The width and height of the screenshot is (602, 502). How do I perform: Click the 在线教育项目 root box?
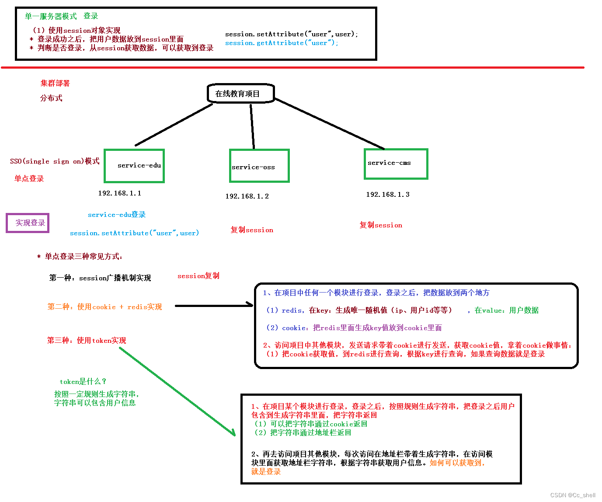click(240, 94)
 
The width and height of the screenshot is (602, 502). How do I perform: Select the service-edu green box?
click(134, 166)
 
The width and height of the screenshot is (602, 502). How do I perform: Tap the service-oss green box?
click(259, 166)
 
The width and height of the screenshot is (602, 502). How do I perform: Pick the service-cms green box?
click(396, 164)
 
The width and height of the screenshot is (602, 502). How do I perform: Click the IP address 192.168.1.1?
click(119, 193)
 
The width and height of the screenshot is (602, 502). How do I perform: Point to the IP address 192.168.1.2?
click(247, 196)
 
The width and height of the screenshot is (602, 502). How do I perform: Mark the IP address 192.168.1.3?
click(388, 195)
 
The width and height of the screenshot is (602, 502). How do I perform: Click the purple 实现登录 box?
click(28, 223)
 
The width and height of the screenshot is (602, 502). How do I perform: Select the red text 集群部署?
click(55, 83)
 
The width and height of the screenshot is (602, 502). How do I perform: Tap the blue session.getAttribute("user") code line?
click(282, 43)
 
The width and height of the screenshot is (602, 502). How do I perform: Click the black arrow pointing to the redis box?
click(214, 306)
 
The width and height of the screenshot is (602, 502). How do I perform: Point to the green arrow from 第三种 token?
click(177, 392)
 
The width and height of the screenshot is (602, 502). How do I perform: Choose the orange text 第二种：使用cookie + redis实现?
click(104, 307)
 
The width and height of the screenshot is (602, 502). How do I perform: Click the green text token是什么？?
click(83, 381)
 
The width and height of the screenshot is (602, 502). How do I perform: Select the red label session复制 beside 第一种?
click(198, 276)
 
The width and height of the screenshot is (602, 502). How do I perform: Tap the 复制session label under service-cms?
click(381, 225)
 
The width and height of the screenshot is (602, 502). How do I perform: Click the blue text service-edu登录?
click(117, 215)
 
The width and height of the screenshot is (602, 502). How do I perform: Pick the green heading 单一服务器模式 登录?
click(61, 16)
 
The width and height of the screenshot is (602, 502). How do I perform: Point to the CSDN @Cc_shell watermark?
click(573, 495)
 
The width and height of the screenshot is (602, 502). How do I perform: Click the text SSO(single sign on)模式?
click(55, 161)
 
